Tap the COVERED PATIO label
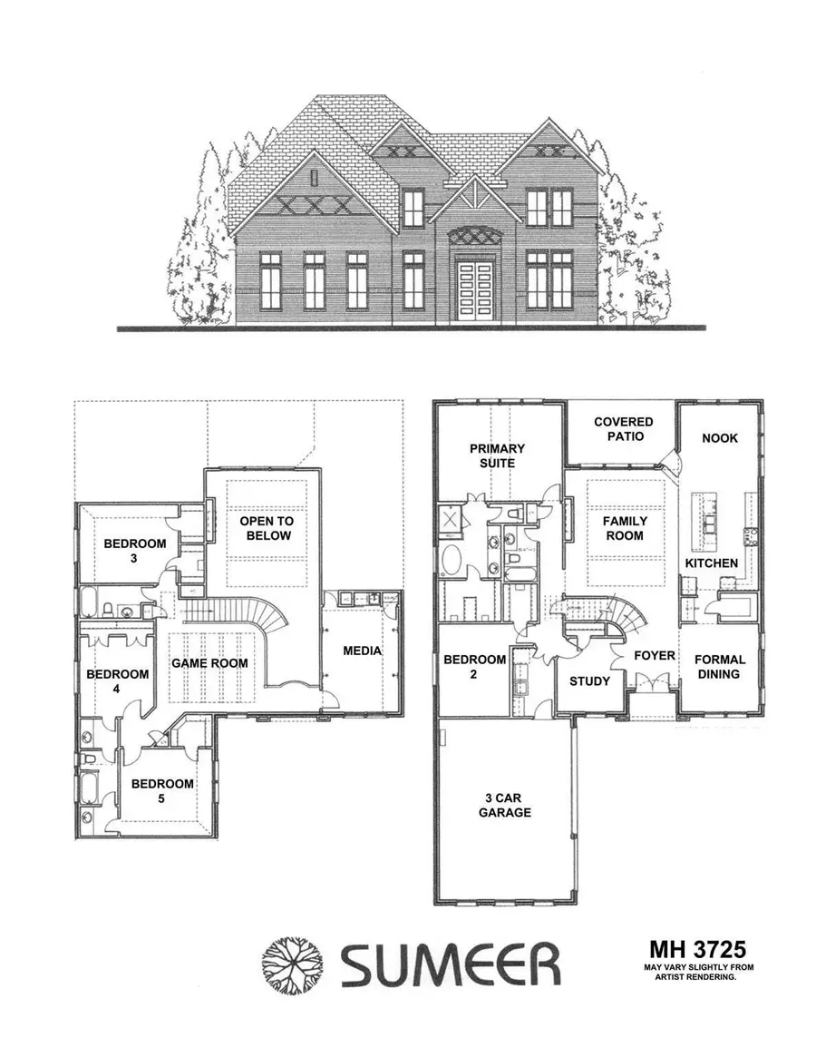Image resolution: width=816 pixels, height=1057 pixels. point(623,429)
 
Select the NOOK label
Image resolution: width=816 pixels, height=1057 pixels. point(721,438)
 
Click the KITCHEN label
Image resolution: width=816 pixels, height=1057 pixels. point(711,563)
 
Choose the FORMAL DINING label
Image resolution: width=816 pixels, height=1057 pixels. point(720,667)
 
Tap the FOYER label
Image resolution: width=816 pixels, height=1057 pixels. point(651,655)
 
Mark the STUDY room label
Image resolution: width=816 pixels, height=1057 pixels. point(589,680)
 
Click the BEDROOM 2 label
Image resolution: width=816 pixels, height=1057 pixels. point(474,667)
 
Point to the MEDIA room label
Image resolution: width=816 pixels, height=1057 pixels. point(362,651)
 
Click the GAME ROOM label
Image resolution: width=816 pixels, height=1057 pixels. point(210,663)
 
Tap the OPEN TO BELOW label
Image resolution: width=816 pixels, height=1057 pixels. point(265,528)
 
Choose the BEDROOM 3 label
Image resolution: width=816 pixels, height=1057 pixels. point(134,551)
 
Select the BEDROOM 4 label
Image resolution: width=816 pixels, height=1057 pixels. point(117,681)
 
